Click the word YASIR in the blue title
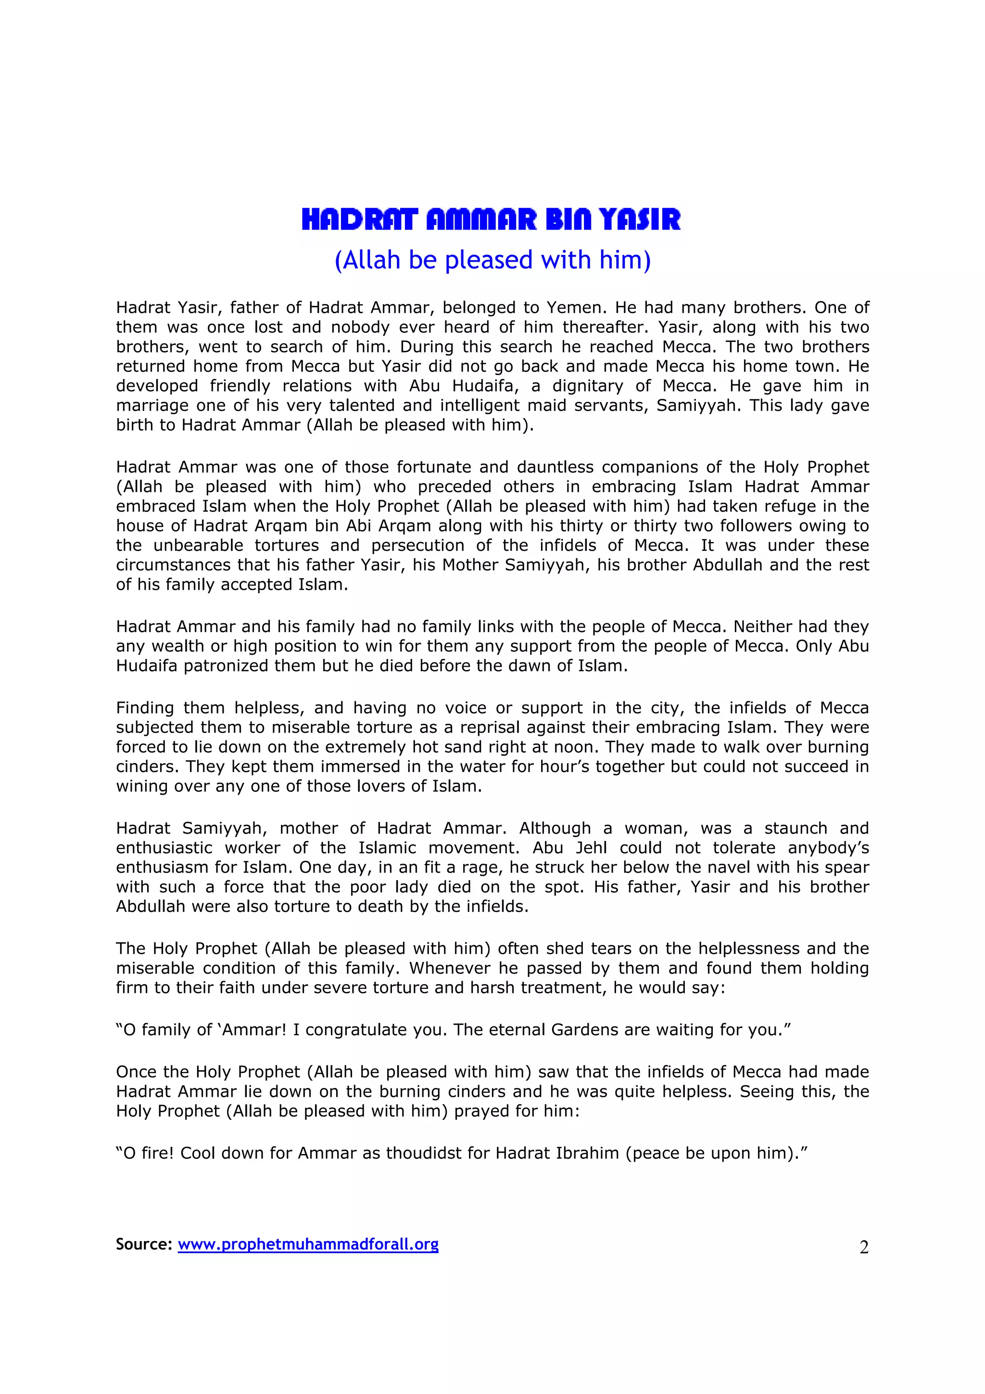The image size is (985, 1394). point(640,219)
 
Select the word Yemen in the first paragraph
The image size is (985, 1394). point(572,307)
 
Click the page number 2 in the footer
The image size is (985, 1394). point(864,1247)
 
